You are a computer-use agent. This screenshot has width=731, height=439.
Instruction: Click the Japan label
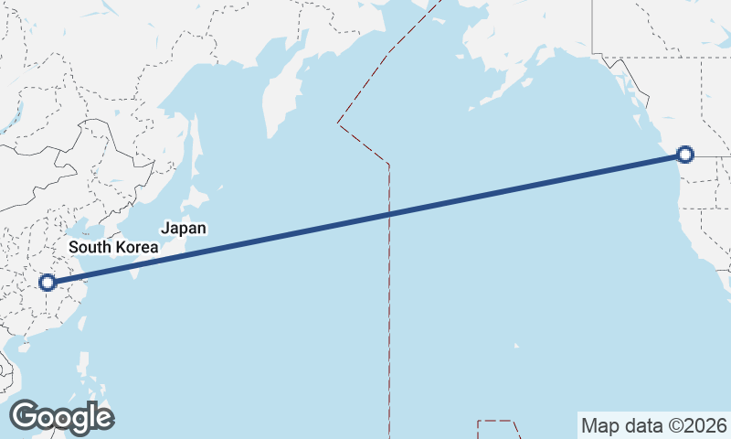184,229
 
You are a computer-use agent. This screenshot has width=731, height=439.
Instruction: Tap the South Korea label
113,247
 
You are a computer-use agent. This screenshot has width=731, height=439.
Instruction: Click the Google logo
61,417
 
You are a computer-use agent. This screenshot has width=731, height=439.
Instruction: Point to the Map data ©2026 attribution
653,425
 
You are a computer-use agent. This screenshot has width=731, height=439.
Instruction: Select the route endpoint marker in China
48,284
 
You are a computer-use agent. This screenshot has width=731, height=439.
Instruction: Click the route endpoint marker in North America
683,155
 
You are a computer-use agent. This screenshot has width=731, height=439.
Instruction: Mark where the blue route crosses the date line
389,214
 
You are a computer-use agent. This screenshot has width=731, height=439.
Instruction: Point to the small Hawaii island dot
516,346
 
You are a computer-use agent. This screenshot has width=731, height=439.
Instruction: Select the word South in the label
90,247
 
